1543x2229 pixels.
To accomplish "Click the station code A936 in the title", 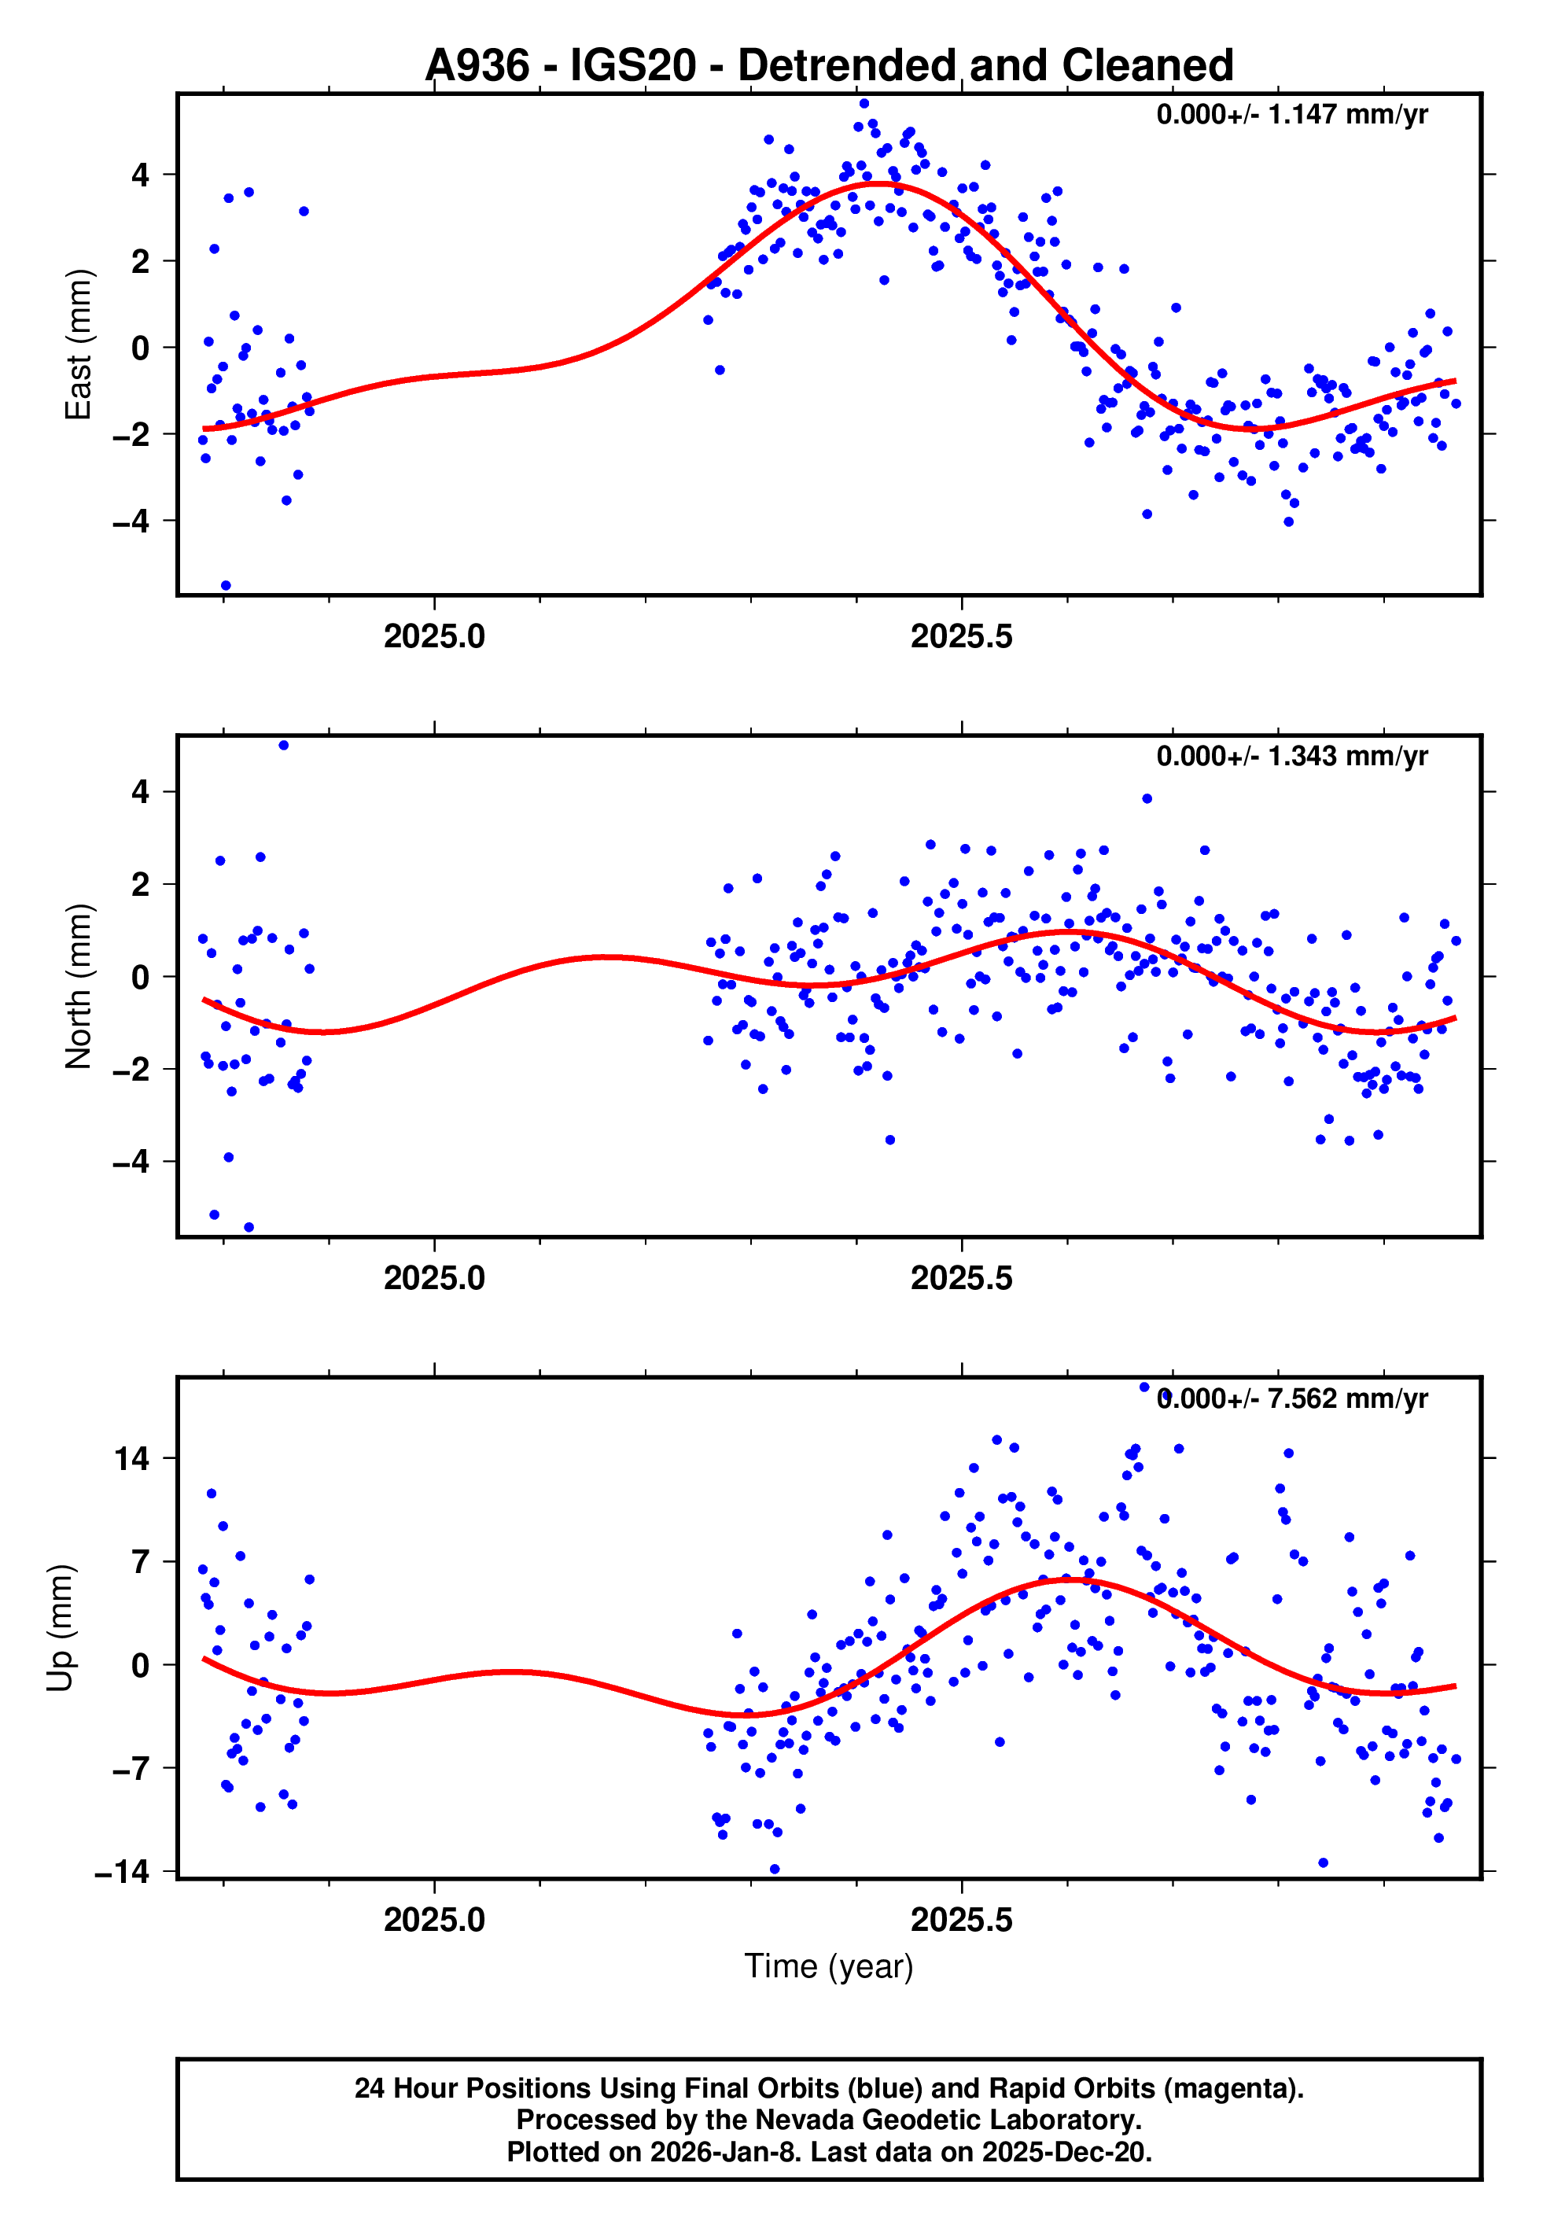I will coord(477,66).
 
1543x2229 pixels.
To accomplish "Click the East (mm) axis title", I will coord(77,344).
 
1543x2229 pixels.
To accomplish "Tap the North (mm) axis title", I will coord(77,986).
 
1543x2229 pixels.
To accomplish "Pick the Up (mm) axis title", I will coord(60,1627).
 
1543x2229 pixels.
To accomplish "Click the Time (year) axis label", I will coord(829,1966).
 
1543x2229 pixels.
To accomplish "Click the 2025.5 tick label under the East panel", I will coord(961,637).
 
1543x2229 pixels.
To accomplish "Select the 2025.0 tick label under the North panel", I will coord(434,1278).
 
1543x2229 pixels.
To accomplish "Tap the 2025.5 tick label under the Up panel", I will coord(961,1920).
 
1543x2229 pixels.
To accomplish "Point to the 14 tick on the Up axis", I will coord(132,1459).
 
